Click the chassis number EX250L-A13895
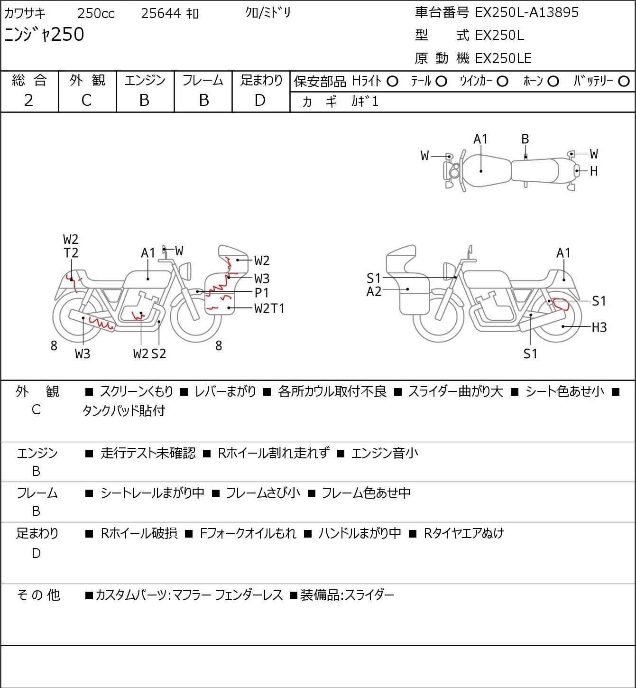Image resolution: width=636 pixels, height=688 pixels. click(526, 12)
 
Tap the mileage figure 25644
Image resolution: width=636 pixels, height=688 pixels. click(161, 13)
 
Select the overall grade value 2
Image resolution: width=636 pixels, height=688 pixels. click(28, 100)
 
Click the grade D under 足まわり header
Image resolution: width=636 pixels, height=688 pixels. click(260, 100)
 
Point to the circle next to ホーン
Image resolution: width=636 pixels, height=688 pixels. click(553, 82)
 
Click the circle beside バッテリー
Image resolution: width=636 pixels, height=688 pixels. click(624, 82)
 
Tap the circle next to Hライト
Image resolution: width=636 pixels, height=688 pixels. click(392, 82)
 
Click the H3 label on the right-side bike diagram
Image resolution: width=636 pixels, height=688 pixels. click(599, 327)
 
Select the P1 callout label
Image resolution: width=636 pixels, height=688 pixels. click(261, 293)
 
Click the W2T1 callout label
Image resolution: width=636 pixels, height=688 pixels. click(269, 308)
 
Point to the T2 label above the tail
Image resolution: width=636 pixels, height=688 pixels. click(71, 253)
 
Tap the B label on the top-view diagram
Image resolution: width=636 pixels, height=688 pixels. click(525, 139)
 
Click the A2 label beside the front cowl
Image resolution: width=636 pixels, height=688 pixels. click(374, 292)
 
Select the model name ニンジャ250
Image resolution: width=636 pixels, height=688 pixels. click(44, 34)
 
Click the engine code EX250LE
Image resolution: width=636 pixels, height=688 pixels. click(503, 58)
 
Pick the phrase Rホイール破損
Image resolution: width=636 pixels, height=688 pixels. click(139, 533)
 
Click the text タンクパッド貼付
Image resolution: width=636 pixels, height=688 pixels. click(124, 410)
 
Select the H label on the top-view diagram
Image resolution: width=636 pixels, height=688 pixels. click(593, 171)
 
